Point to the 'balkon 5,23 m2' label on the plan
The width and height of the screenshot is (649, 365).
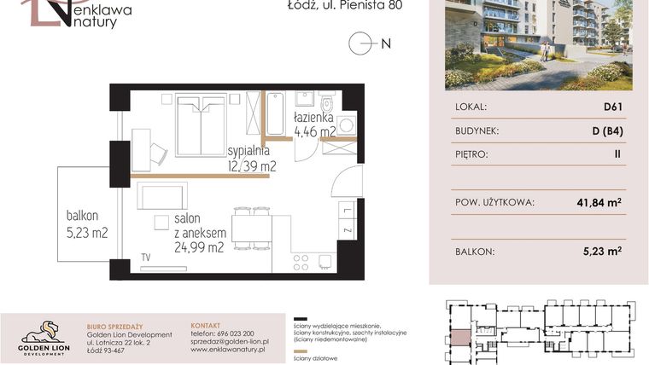(87, 223)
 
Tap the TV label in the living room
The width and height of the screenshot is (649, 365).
(146, 257)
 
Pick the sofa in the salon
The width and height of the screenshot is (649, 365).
(162, 196)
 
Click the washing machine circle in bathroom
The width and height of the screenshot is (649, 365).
(346, 125)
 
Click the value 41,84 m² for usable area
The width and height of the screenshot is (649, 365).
(596, 203)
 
